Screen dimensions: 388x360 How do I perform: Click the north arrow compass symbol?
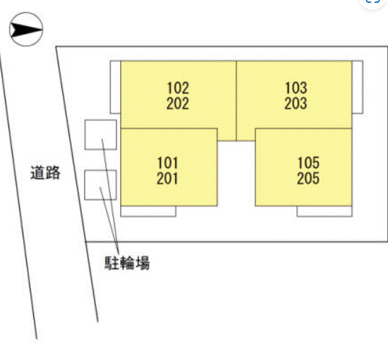(x=26, y=29)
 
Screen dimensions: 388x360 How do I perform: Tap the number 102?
(x=178, y=88)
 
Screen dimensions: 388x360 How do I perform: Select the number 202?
(x=178, y=104)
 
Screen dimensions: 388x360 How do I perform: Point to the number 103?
(x=296, y=88)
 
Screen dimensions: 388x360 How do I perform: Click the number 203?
(x=296, y=104)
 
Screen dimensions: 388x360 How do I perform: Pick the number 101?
(x=167, y=163)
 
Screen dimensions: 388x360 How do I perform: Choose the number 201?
(x=167, y=179)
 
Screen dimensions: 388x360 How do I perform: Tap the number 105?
(x=308, y=163)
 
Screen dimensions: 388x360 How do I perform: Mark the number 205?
(x=308, y=179)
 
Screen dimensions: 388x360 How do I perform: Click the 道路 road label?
(x=45, y=172)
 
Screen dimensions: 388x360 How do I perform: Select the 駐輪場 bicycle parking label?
(x=127, y=263)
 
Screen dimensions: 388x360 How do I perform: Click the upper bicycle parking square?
(x=100, y=135)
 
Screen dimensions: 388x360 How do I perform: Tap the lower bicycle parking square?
(x=100, y=185)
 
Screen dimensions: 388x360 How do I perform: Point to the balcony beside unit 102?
(x=115, y=87)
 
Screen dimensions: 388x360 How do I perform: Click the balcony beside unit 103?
(x=358, y=87)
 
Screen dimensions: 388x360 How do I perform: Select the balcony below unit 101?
(x=148, y=212)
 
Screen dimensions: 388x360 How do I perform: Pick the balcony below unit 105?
(x=325, y=212)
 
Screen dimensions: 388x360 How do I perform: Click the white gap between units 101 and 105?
(x=236, y=174)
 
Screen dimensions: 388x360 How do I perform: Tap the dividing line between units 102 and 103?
(x=236, y=101)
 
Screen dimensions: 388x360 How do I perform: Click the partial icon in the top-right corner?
(x=372, y=3)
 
